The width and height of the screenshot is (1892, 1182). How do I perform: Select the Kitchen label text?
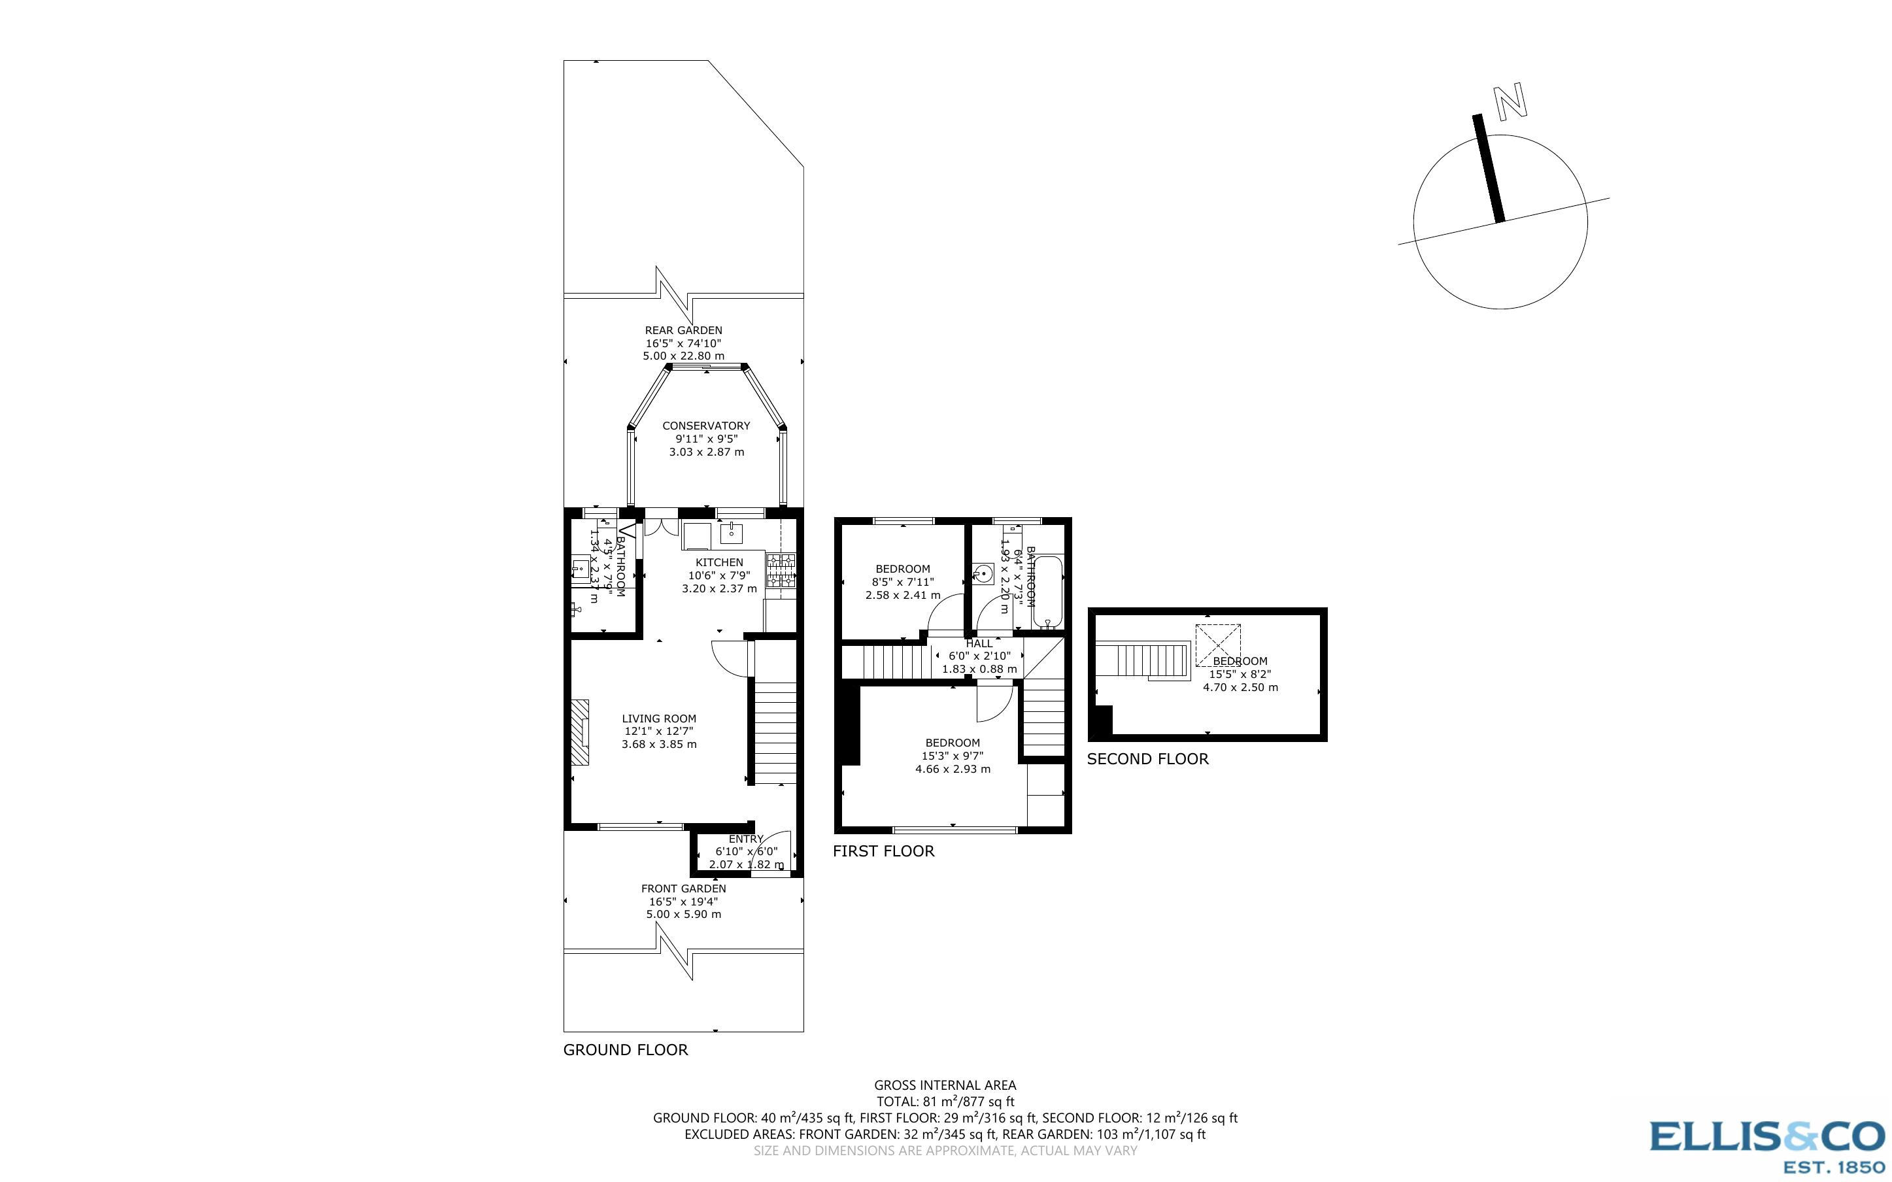click(719, 562)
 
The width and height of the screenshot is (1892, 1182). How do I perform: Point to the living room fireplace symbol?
click(579, 732)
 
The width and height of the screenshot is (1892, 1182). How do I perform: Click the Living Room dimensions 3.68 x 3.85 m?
click(659, 744)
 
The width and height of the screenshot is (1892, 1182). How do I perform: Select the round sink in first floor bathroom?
click(983, 575)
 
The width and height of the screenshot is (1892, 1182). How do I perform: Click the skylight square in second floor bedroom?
click(1217, 642)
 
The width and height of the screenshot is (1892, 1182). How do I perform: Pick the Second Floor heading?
click(1147, 759)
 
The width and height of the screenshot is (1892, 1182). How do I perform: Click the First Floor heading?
click(883, 851)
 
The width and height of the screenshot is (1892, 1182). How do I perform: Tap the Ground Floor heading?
click(625, 1050)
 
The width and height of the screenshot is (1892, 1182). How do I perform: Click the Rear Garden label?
click(683, 331)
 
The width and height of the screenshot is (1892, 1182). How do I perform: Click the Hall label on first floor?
click(979, 643)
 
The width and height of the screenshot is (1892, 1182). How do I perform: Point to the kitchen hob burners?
click(781, 570)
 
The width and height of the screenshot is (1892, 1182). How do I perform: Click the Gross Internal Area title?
click(945, 1085)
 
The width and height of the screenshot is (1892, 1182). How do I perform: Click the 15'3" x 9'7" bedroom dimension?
click(952, 756)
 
